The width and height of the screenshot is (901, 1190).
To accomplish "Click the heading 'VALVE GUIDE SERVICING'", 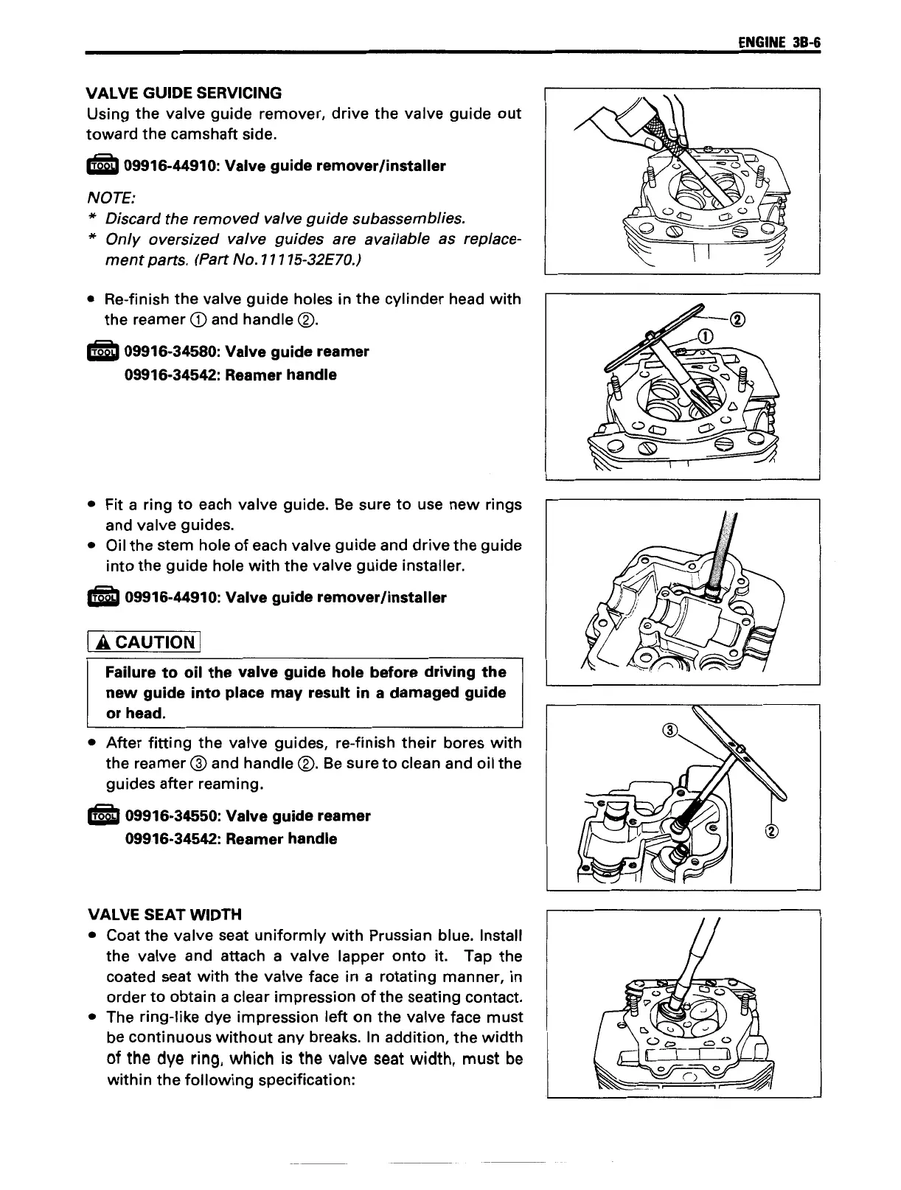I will [x=184, y=93].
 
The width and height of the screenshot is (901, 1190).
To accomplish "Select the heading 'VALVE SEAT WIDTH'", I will [x=164, y=914].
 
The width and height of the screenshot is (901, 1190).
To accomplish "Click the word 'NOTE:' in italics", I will [x=111, y=198].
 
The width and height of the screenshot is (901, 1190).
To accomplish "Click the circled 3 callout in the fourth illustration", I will [x=670, y=731].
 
